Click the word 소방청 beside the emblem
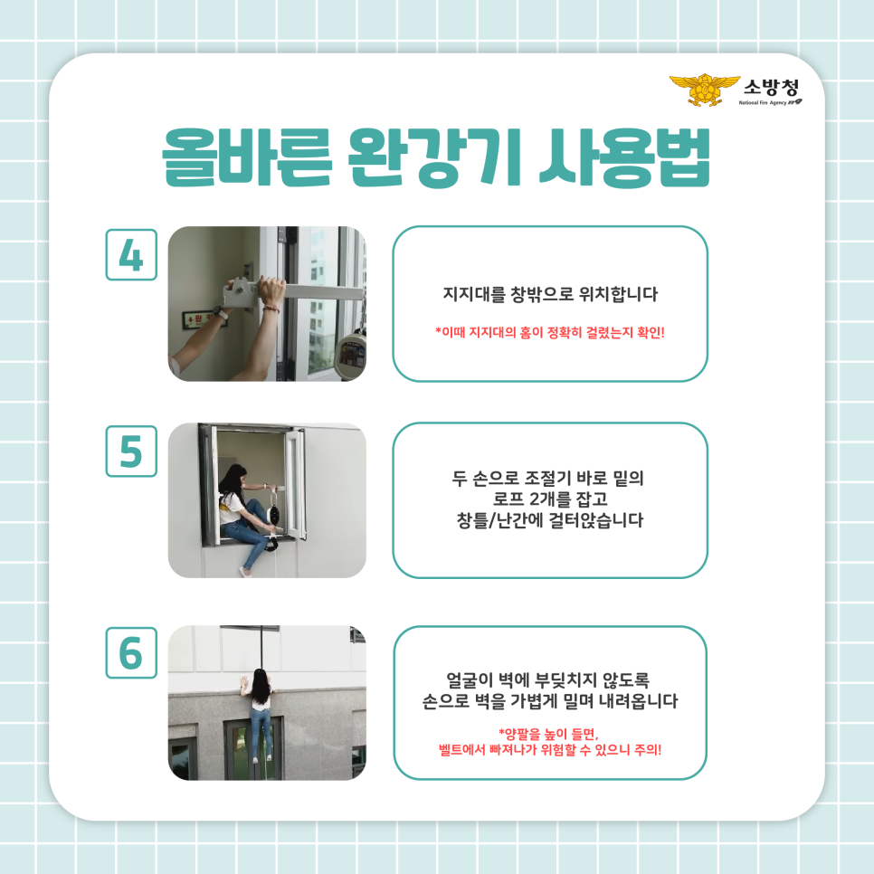pyautogui.click(x=771, y=87)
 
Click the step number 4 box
pyautogui.click(x=131, y=254)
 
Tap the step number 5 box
pyautogui.click(x=131, y=451)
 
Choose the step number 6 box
pyautogui.click(x=131, y=652)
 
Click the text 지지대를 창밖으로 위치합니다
pyautogui.click(x=549, y=295)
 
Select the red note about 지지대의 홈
pyautogui.click(x=549, y=332)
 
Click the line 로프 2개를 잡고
pyautogui.click(x=549, y=498)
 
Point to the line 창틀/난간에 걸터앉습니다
pyautogui.click(x=549, y=520)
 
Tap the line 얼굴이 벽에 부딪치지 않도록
pyautogui.click(x=549, y=678)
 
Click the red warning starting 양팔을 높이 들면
pyautogui.click(x=549, y=733)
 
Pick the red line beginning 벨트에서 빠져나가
pyautogui.click(x=549, y=749)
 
